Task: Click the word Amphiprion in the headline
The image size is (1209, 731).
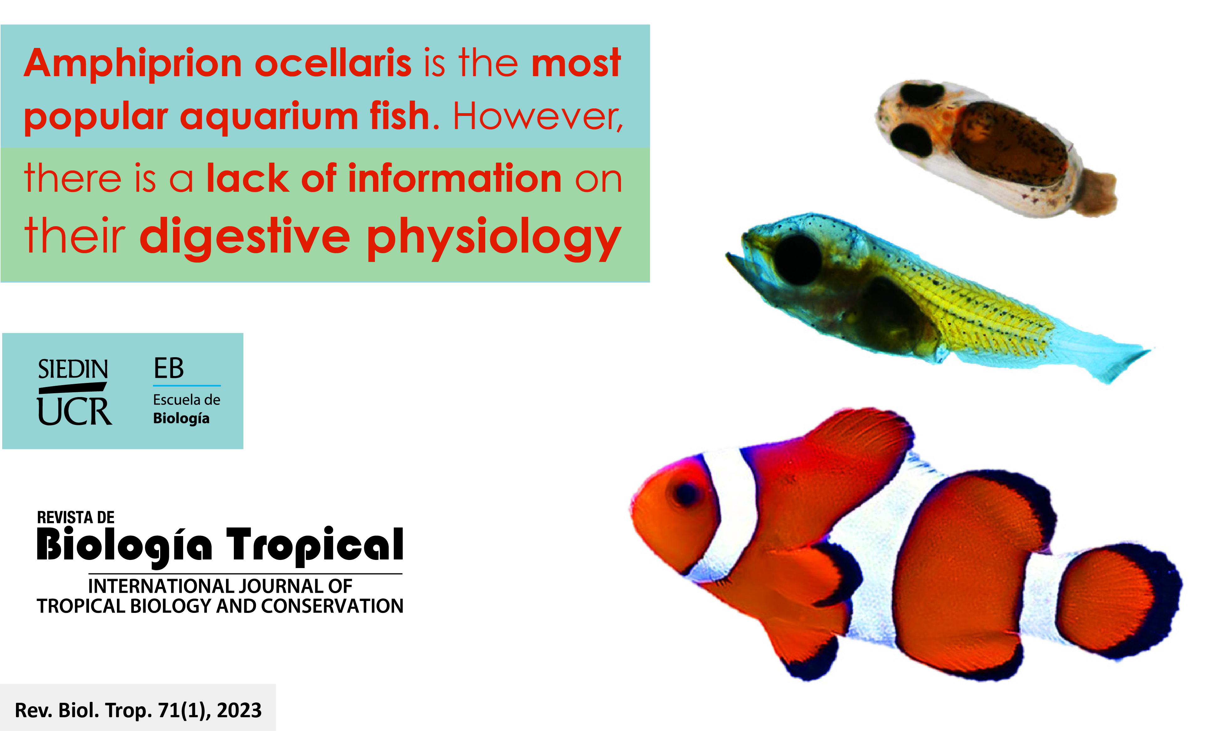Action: coord(133,64)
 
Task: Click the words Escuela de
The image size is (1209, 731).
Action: coord(187,400)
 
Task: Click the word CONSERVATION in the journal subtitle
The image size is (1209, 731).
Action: coord(332,606)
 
